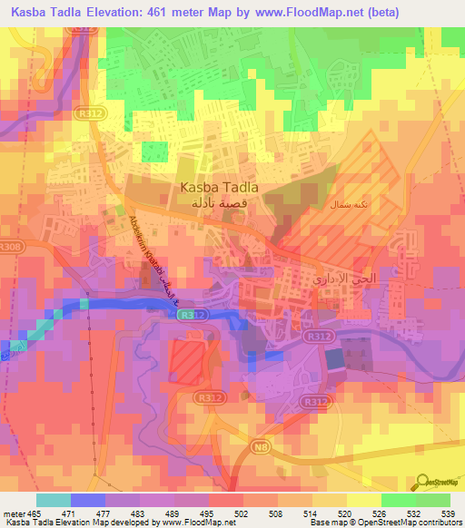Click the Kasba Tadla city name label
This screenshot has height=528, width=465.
coord(220,187)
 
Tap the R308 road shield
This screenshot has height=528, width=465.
coord(12,246)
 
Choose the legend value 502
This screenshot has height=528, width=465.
coord(241,513)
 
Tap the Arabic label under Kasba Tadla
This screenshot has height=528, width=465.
coord(220,205)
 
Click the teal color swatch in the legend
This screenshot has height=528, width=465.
coord(54,500)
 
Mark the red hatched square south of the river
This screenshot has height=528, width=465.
coord(187,360)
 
